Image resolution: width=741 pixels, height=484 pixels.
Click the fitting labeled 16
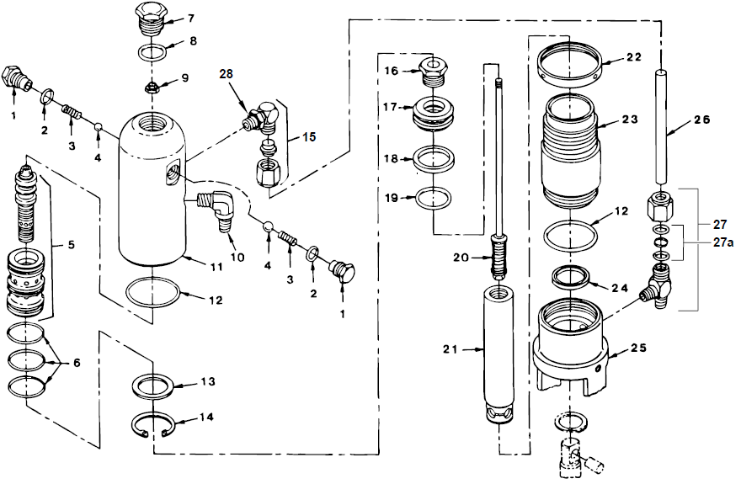click(431, 72)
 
